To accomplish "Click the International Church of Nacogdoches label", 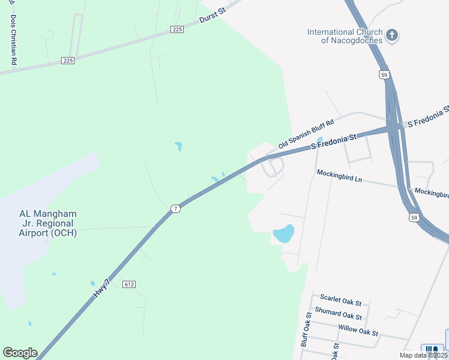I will (344, 36).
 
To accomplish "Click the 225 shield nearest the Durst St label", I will (176, 29).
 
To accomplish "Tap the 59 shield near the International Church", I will (384, 74).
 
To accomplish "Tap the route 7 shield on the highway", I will (175, 208).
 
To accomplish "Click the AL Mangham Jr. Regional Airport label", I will (48, 223).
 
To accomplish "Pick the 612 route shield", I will (128, 283).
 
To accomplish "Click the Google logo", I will (20, 353).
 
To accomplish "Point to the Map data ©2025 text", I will (423, 355).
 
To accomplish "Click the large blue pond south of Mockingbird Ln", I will (283, 233).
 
